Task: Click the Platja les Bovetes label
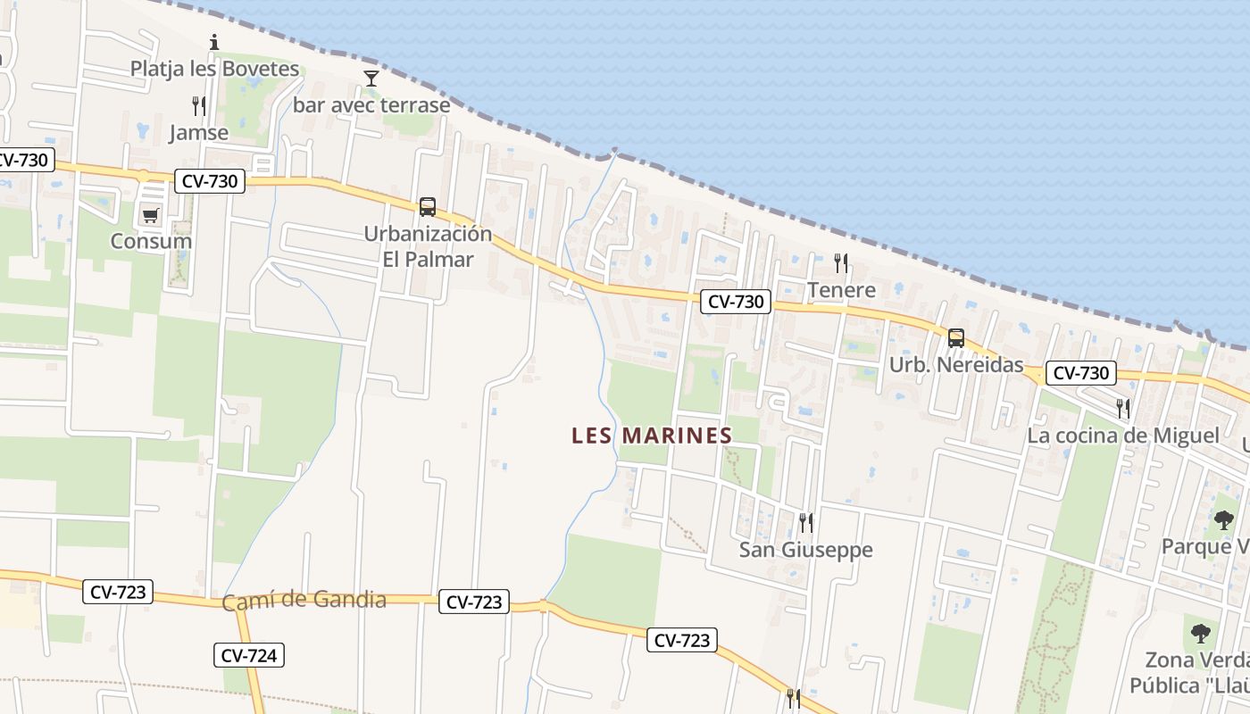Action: [214, 69]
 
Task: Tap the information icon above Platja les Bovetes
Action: [214, 42]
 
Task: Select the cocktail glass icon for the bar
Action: [371, 79]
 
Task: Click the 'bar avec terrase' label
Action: [371, 105]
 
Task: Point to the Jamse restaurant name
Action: [199, 133]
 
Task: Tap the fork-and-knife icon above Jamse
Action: [199, 106]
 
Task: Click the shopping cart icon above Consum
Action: [150, 215]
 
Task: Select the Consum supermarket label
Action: [151, 241]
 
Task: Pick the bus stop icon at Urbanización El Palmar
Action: [428, 207]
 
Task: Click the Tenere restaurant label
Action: [841, 290]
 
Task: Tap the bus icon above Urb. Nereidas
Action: [956, 338]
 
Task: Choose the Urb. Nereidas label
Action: [956, 365]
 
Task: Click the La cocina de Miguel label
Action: [1123, 436]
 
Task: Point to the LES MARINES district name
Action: [652, 436]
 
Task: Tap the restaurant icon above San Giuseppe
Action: [805, 522]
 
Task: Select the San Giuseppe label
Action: [805, 550]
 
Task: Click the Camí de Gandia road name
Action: [304, 601]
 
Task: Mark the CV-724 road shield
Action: [249, 656]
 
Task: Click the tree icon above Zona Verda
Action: [1201, 634]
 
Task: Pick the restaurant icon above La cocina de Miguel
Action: [1123, 409]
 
